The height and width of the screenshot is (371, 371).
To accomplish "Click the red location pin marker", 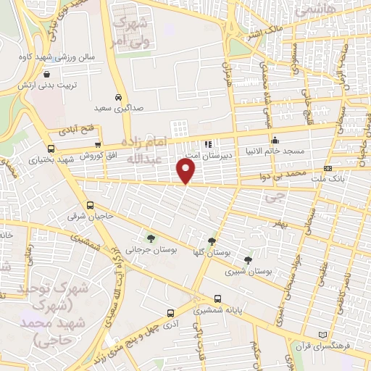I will [x=186, y=171].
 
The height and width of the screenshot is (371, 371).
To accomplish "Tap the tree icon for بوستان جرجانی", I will [x=151, y=238].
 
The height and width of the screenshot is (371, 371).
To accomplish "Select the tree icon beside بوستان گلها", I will [x=212, y=241].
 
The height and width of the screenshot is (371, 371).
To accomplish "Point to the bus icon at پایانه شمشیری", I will [x=170, y=313].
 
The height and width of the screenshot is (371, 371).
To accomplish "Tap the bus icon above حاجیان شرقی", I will [x=91, y=205].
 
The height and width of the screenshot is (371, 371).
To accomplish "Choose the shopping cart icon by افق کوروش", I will [x=97, y=143].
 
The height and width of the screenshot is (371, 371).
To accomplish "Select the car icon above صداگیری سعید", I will [x=118, y=96].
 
